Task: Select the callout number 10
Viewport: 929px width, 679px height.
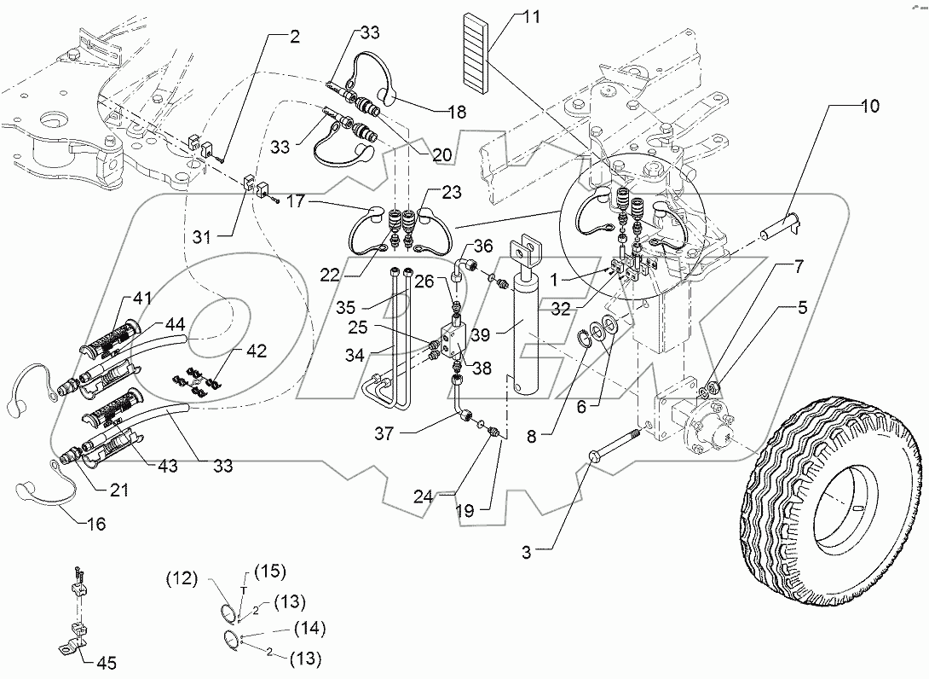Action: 869,107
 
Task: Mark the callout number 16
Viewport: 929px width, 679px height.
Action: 95,524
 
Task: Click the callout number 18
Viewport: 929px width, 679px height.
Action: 459,112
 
